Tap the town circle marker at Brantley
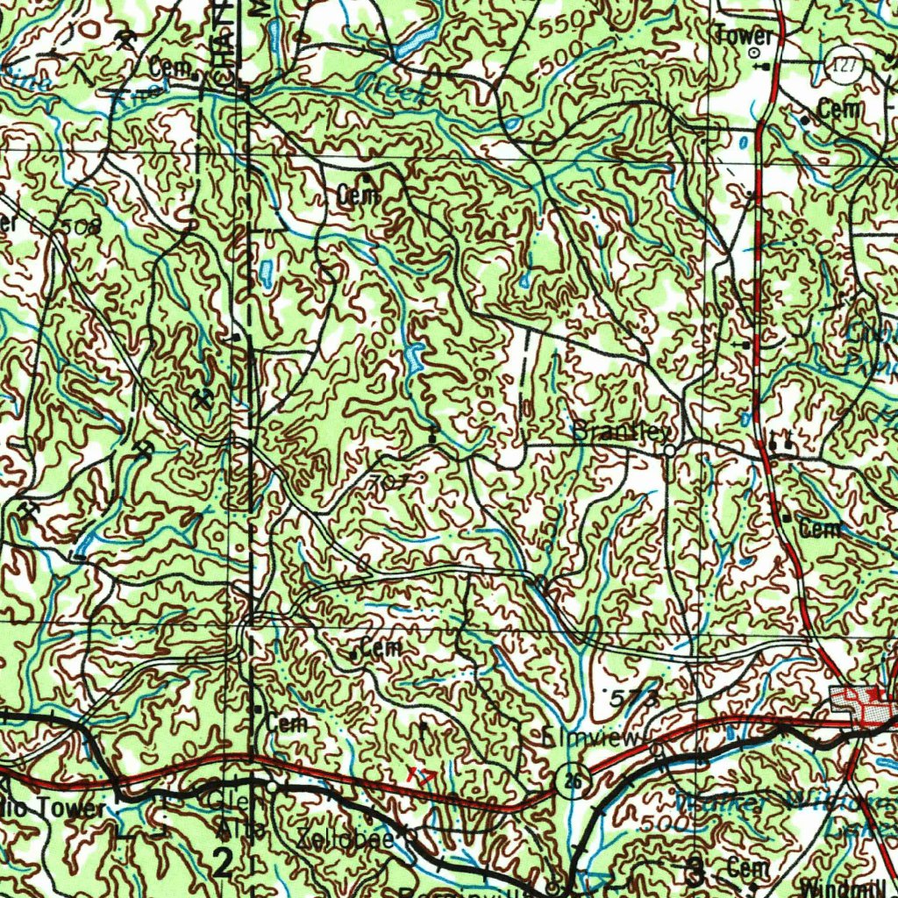pos(669,450)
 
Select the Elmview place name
pos(592,738)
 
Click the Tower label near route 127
pos(745,36)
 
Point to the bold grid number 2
pos(224,864)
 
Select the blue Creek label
pos(391,89)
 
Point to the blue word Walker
pos(710,802)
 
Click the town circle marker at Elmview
pos(656,749)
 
